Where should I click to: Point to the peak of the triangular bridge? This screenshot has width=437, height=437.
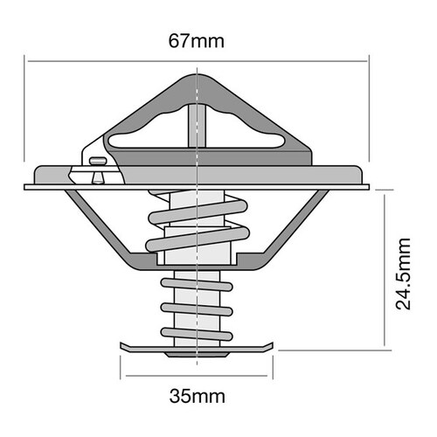(x=199, y=79)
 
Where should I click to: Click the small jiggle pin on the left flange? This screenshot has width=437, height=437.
(x=95, y=165)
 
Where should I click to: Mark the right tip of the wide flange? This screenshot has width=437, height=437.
(x=368, y=186)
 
